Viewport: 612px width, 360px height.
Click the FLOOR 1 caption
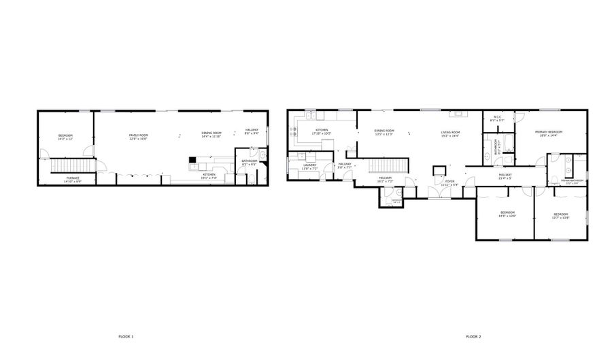point(127,337)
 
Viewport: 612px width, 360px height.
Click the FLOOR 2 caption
point(473,337)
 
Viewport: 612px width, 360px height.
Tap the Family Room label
point(139,136)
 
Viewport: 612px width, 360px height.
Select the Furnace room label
point(73,180)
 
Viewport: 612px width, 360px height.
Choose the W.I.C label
point(498,118)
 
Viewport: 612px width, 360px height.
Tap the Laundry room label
point(310,166)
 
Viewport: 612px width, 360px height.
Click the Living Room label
point(450,133)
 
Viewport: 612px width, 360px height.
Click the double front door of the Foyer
point(443,197)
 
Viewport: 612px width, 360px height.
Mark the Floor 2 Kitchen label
point(322,131)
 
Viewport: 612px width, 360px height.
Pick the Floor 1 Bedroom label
point(65,137)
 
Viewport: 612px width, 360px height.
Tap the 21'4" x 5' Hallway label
point(505,176)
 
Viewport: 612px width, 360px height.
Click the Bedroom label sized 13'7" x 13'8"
point(560,216)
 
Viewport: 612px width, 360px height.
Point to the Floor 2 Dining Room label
point(384,132)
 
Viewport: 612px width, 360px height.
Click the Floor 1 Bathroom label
point(249,162)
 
